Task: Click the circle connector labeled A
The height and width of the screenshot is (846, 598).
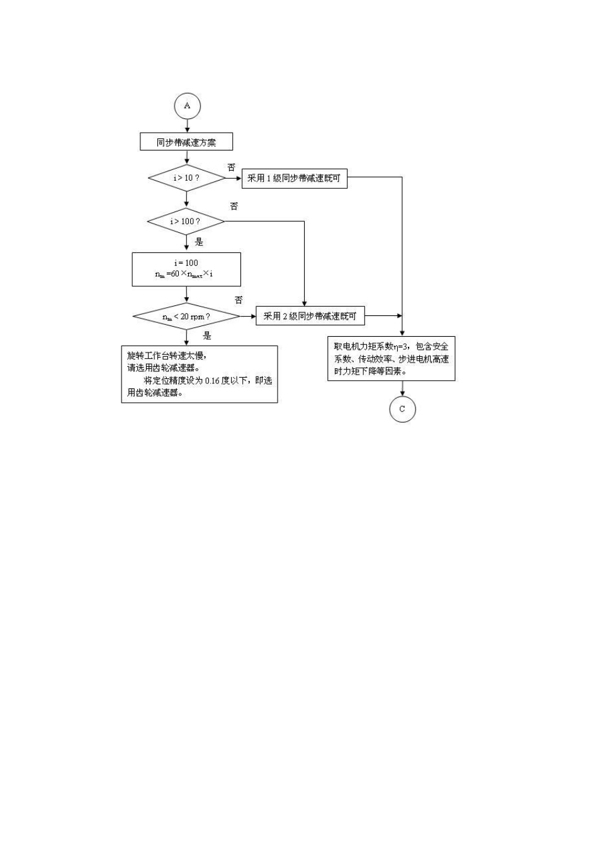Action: tap(187, 106)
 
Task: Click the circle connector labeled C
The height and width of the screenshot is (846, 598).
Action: tap(402, 409)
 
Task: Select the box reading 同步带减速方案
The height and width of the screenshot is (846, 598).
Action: tap(186, 142)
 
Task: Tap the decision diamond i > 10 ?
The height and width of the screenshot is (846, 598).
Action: tap(186, 178)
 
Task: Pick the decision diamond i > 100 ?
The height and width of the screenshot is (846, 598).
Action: tap(186, 222)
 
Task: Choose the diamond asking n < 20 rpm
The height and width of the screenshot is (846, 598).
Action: tap(186, 316)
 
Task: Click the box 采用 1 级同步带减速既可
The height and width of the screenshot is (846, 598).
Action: tap(294, 178)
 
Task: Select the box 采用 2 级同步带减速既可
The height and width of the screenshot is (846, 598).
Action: tap(310, 316)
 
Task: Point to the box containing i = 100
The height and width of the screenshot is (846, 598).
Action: tap(186, 269)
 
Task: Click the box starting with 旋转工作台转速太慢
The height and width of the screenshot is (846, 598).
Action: tap(199, 374)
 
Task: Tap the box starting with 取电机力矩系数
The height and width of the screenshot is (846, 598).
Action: tap(392, 359)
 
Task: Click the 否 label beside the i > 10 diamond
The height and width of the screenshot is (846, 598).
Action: tap(231, 167)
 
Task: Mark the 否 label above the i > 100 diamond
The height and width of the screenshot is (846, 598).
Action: tap(234, 206)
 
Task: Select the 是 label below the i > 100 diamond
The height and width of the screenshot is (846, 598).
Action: tap(199, 242)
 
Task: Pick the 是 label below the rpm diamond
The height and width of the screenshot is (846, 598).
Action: tap(207, 336)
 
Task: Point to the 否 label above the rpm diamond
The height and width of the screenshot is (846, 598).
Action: tap(239, 300)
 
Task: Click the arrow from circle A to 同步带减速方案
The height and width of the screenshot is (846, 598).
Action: tap(187, 126)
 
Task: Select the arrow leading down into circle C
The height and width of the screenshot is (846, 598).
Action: tap(402, 389)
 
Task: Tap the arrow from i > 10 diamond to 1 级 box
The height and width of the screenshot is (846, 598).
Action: tap(234, 178)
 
